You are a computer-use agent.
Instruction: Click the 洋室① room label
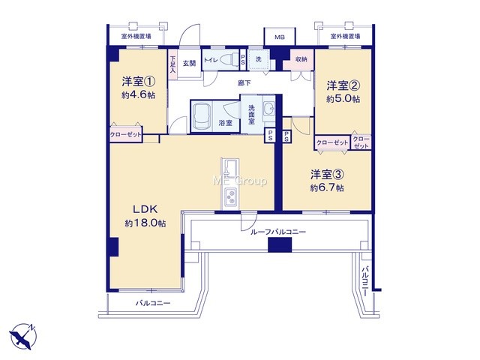point(138,82)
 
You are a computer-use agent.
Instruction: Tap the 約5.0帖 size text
point(343,99)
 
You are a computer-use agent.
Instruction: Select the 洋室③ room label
point(327,175)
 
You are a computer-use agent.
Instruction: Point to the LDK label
point(145,209)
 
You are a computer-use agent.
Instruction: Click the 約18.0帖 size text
point(145,223)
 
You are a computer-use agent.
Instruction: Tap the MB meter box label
point(280,37)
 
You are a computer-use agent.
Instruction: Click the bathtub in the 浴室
point(202,116)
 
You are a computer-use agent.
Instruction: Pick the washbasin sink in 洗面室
point(269,108)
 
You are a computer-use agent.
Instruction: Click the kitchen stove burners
point(230,196)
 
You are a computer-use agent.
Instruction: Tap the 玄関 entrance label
point(189,63)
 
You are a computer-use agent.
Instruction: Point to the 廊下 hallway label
point(244,82)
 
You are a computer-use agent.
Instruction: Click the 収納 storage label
point(301,59)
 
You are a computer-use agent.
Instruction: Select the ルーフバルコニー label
point(278,232)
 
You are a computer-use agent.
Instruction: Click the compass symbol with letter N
point(22,337)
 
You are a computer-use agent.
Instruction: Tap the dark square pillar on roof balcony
point(280,245)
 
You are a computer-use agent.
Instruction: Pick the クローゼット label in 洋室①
point(126,135)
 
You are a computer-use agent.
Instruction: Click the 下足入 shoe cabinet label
point(173,64)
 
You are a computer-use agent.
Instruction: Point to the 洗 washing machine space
point(259,59)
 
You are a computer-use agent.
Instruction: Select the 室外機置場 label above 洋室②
point(345,37)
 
